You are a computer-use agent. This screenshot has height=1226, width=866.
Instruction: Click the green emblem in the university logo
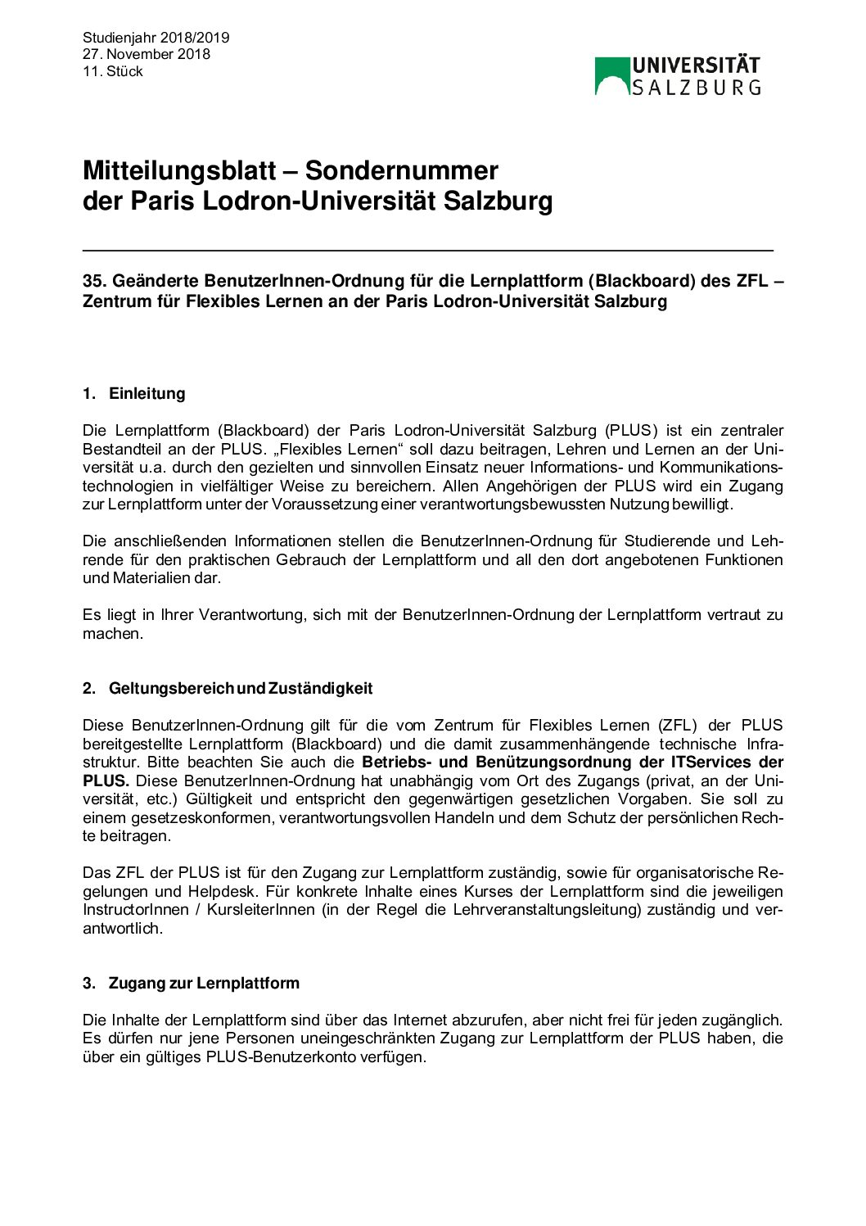(x=611, y=75)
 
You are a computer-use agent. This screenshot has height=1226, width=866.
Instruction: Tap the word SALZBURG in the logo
(x=696, y=87)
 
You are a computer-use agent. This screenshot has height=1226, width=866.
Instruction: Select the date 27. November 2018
(x=147, y=54)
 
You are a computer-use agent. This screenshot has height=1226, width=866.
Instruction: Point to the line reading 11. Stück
(x=113, y=71)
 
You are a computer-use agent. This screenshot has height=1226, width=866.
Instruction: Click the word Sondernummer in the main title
(x=401, y=170)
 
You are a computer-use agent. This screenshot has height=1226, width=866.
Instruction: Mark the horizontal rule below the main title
(x=427, y=250)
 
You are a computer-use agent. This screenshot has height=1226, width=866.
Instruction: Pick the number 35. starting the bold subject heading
(x=95, y=281)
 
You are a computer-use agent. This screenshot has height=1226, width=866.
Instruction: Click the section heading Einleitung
(x=147, y=393)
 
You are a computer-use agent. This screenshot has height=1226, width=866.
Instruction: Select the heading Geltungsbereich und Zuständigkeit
(x=241, y=688)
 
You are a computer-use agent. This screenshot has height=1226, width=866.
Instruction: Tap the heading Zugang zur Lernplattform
(x=204, y=983)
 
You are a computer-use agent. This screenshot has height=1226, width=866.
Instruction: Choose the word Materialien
(x=151, y=577)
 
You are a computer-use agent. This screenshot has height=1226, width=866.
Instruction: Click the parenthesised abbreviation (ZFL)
(x=678, y=725)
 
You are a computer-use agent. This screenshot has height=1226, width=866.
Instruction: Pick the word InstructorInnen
(x=136, y=909)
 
